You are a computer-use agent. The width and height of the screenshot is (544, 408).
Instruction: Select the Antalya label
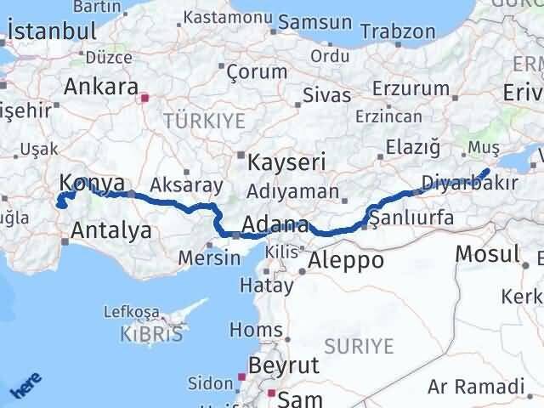click(112, 229)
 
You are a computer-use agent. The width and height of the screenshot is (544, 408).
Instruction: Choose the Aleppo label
click(347, 260)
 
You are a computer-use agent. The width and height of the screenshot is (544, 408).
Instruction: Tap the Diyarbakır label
click(460, 181)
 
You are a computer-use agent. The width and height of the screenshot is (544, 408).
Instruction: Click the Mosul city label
click(487, 253)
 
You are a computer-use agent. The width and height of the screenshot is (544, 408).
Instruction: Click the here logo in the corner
click(25, 388)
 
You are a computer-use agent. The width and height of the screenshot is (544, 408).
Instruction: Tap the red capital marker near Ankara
click(145, 98)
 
